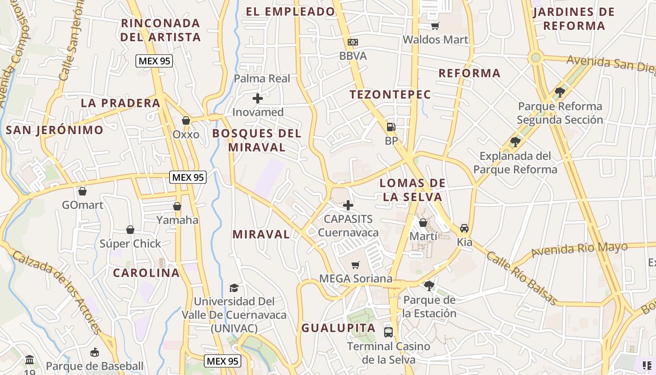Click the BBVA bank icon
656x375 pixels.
(353, 42)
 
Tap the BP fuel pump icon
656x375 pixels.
(391, 127)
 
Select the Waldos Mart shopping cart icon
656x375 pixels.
(435, 26)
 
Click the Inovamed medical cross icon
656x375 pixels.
(257, 98)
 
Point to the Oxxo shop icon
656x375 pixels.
(186, 120)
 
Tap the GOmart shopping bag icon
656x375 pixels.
(82, 191)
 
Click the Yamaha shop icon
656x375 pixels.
(177, 206)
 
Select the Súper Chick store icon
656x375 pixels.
(130, 230)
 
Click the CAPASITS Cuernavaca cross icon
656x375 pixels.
(348, 205)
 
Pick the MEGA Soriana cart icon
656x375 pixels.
(356, 265)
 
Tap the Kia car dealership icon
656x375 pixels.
(464, 228)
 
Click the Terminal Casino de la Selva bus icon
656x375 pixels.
(388, 332)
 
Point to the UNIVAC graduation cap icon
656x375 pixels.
(234, 287)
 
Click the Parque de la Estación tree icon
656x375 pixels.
(429, 285)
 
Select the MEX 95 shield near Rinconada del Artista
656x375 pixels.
(154, 60)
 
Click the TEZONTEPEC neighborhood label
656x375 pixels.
(390, 94)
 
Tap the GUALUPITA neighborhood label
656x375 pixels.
(338, 328)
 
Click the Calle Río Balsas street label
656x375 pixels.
(522, 277)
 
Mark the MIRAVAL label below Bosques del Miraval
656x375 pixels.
(261, 234)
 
